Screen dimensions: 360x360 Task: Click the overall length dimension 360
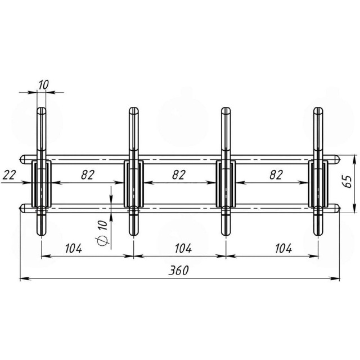pyautogui.click(x=179, y=270)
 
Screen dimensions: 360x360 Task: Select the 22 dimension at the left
pyautogui.click(x=9, y=175)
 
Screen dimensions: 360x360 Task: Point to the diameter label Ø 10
pyautogui.click(x=102, y=232)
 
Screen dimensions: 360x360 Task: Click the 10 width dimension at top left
pyautogui.click(x=44, y=85)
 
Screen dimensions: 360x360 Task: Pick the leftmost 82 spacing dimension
pyautogui.click(x=88, y=175)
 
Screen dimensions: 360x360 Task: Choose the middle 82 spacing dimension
pyautogui.click(x=179, y=175)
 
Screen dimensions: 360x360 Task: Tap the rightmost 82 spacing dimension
pyautogui.click(x=276, y=175)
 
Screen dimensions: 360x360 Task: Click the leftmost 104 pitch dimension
pyautogui.click(x=74, y=248)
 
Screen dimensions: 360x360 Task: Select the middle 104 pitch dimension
pyautogui.click(x=183, y=248)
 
